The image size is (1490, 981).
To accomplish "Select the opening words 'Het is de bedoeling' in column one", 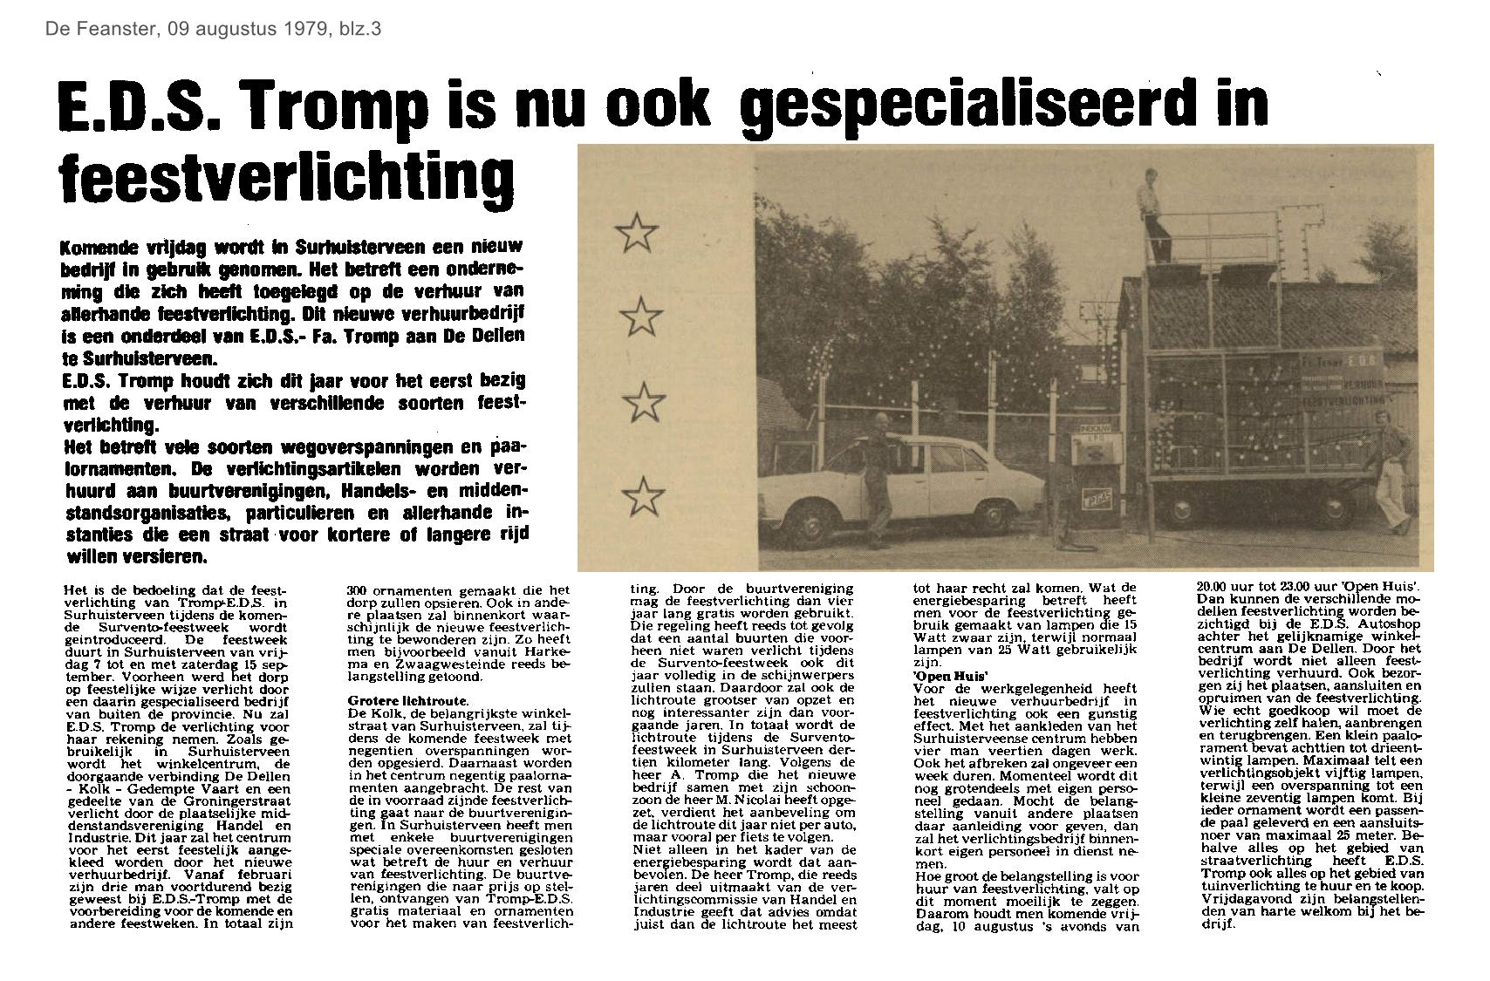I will tap(134, 590).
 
